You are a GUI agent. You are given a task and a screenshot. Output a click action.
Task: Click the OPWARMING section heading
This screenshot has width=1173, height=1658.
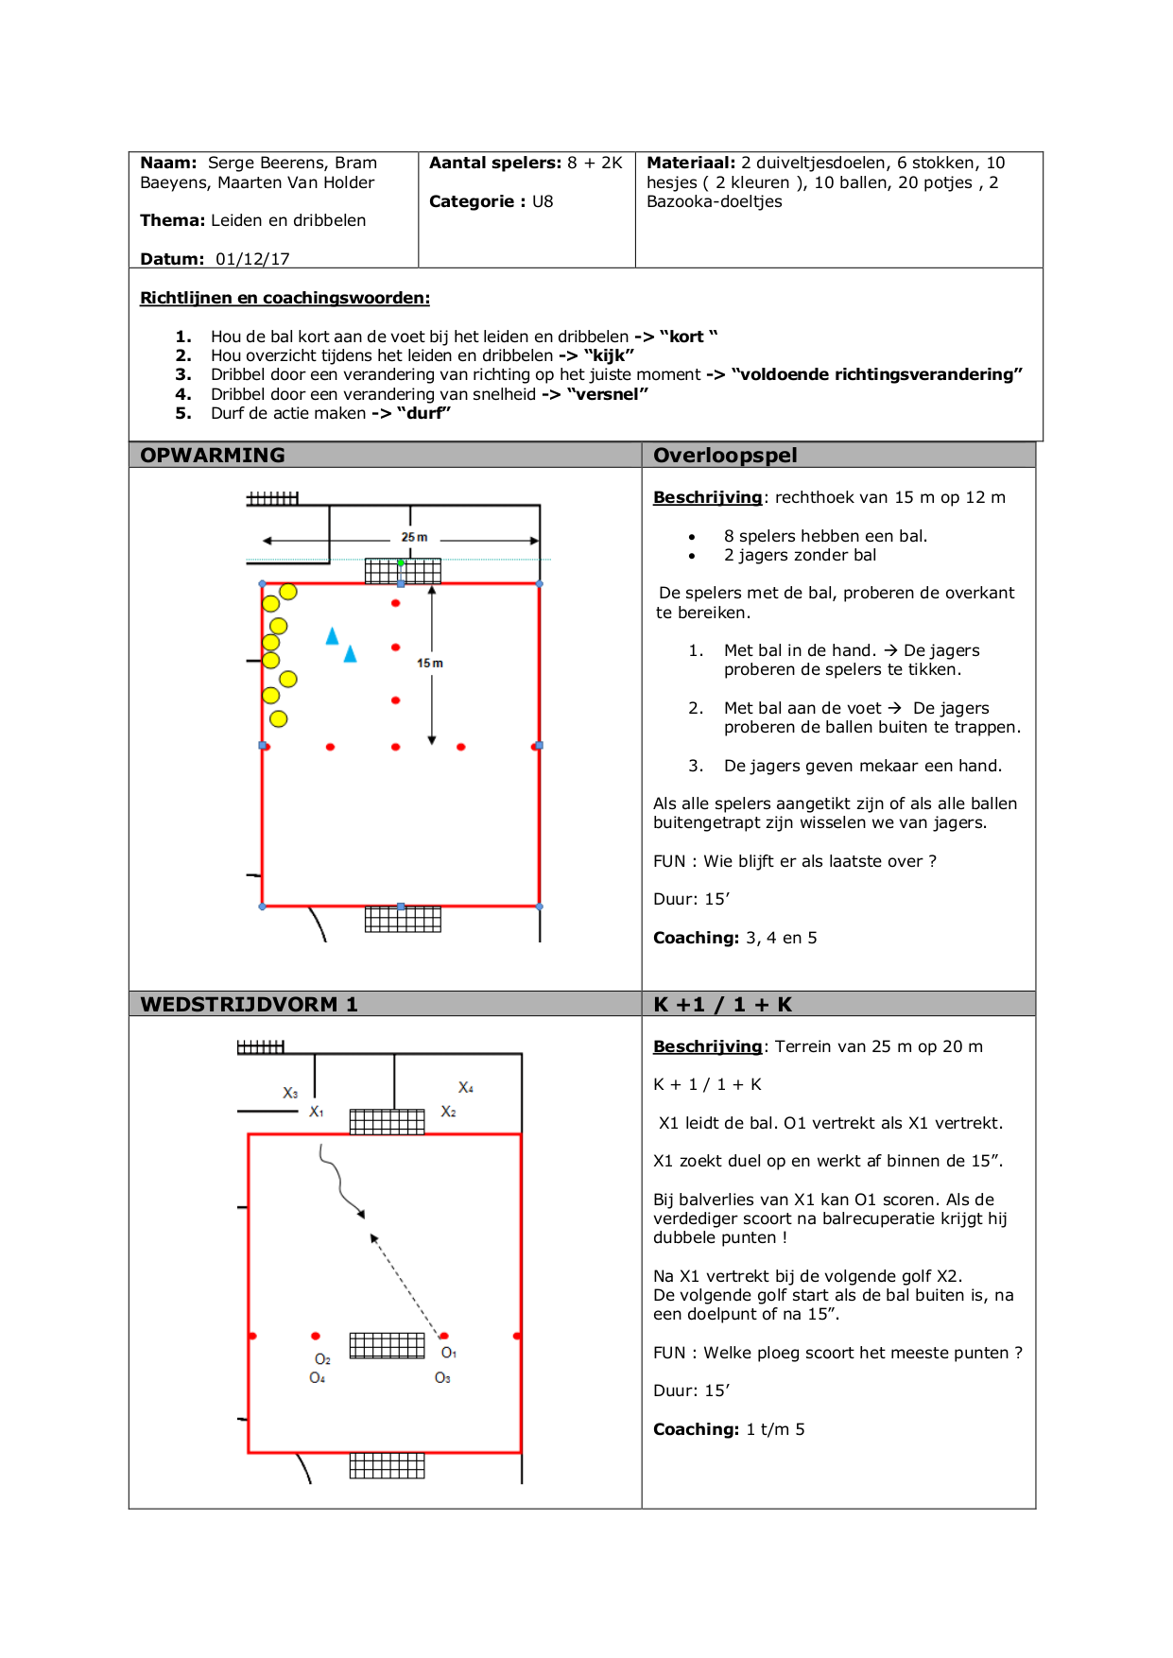coord(212,456)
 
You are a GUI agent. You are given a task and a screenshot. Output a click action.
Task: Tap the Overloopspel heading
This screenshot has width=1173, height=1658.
coord(725,456)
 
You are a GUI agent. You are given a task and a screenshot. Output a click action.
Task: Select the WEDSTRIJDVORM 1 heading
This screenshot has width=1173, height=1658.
coord(249,1005)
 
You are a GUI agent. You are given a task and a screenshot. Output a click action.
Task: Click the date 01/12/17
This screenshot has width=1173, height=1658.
coord(252,259)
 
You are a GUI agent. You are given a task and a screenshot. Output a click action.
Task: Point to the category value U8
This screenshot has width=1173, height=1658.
coord(543,201)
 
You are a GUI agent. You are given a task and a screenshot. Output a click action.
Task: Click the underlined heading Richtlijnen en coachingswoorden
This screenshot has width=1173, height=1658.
coord(285,298)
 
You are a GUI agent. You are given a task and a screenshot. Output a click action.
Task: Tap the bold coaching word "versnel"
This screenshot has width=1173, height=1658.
coord(608,394)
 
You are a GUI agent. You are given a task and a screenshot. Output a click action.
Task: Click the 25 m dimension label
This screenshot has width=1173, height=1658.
coord(414,537)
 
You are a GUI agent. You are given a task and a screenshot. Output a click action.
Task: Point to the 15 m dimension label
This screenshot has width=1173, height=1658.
coord(430,664)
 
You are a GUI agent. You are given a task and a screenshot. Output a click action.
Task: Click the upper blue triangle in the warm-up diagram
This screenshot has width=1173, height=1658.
coord(332,636)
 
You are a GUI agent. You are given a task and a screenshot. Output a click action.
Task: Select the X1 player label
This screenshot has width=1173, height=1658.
coord(317,1112)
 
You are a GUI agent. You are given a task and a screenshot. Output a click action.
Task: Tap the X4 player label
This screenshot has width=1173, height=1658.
coord(466,1088)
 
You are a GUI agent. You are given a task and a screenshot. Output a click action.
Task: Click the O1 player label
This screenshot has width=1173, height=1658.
coord(449,1353)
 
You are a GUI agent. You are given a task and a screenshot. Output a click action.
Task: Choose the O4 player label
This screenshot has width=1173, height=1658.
coord(318,1378)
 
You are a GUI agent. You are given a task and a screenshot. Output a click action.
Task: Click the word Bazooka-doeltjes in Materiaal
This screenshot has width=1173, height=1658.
coord(714,201)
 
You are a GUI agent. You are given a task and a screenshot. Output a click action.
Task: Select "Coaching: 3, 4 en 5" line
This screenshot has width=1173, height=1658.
coord(734,938)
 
